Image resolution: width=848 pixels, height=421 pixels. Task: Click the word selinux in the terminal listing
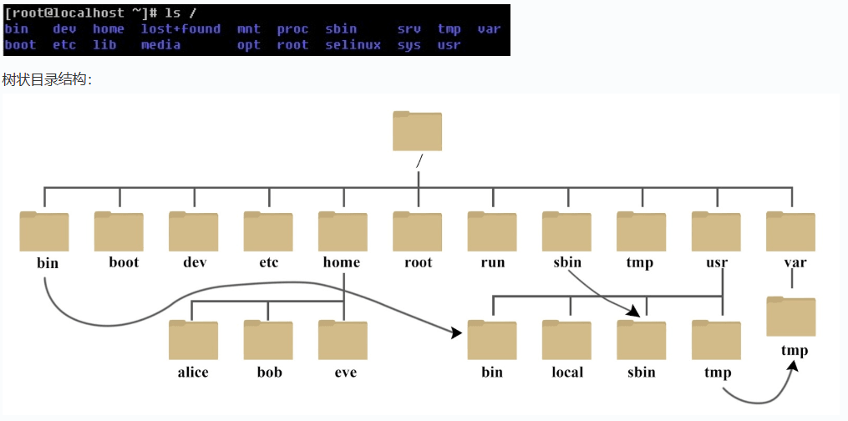point(353,45)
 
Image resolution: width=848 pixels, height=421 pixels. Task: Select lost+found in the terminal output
point(180,29)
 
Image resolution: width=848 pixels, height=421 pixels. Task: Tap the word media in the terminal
point(160,45)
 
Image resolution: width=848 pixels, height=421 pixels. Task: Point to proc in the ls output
point(292,29)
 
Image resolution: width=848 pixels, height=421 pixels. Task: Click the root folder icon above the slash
point(417,131)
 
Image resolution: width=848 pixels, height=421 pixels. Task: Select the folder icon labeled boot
point(119,231)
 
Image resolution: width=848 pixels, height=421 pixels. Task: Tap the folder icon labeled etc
point(267,231)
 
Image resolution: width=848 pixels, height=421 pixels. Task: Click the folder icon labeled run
point(491,231)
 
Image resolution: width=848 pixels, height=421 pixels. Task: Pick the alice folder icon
point(193,339)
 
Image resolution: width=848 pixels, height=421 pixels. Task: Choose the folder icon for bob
point(267,339)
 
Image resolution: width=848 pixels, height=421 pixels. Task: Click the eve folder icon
point(343,339)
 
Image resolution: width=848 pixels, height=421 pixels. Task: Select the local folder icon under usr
point(566,339)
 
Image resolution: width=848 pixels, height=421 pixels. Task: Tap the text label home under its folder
point(341,262)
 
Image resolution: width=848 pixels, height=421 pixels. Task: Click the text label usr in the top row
point(717,263)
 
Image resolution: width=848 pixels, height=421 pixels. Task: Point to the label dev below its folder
point(195,262)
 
